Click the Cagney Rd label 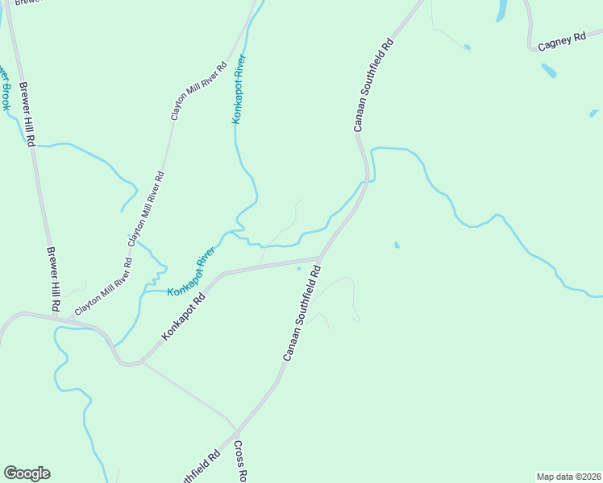(x=561, y=42)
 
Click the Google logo (x=27, y=473)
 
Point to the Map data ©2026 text (x=569, y=477)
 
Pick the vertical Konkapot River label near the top (x=239, y=89)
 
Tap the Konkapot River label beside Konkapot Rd (x=192, y=271)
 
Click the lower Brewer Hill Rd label (x=53, y=279)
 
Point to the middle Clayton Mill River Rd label (x=147, y=208)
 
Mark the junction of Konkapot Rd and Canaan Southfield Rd (x=320, y=258)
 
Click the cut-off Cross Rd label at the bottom (x=239, y=460)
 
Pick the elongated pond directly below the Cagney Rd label (x=548, y=70)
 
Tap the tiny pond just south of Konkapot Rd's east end (x=299, y=269)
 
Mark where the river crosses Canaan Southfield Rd (x=365, y=183)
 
